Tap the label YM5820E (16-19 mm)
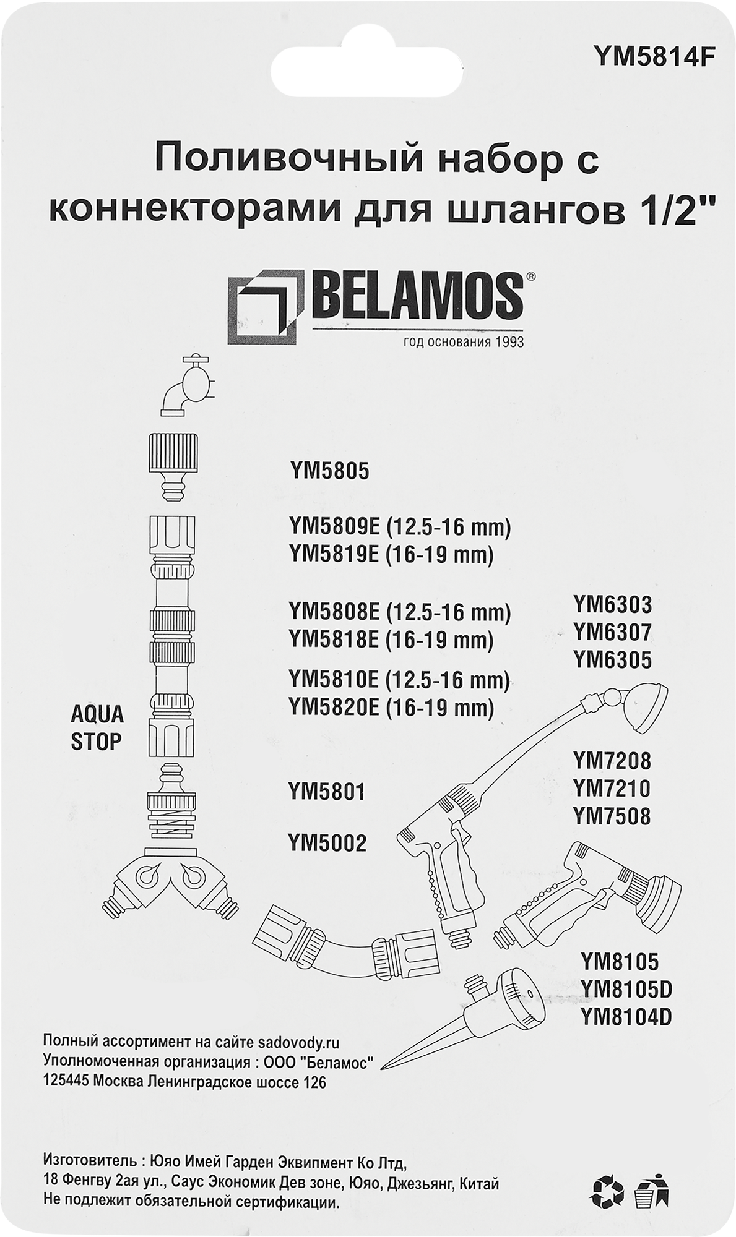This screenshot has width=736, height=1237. coord(391,708)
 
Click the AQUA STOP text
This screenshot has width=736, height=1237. coord(97,728)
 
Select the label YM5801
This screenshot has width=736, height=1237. coord(327,792)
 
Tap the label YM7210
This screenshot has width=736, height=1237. coord(612,789)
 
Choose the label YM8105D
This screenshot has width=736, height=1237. coord(626,990)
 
